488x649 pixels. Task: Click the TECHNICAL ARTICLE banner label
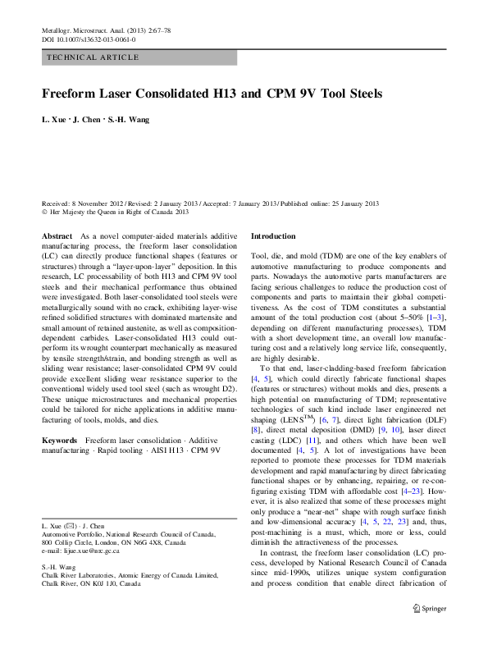93,57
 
